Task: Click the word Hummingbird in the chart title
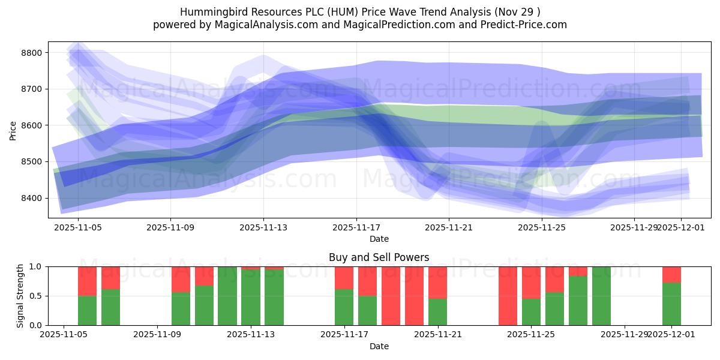[x=208, y=12]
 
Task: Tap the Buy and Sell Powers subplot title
[x=379, y=257]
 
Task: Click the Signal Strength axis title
[x=21, y=296]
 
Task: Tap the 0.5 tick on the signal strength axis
[x=35, y=296]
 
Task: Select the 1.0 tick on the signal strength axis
[x=35, y=266]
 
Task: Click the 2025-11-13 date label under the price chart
[x=263, y=227]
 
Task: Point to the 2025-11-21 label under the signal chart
[x=438, y=334]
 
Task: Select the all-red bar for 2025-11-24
[x=508, y=296]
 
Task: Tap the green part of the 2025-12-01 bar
[x=671, y=304]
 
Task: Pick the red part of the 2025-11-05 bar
[x=87, y=281]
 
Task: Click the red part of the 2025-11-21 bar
[x=437, y=282]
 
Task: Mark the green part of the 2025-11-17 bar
[x=344, y=307]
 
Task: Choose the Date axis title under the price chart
[x=379, y=239]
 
